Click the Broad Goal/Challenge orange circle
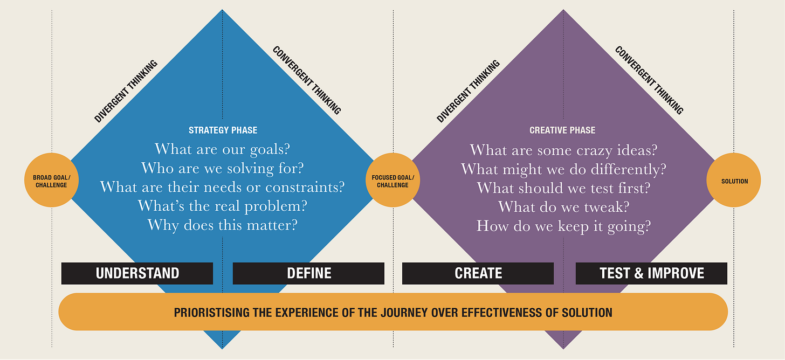52,180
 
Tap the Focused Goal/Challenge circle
392,180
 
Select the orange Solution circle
734,181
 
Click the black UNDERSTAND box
137,273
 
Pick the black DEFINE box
308,273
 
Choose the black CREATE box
478,273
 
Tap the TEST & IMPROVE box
651,273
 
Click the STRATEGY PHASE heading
223,130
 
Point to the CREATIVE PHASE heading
562,130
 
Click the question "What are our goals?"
223,149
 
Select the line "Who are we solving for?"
223,168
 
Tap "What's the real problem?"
223,206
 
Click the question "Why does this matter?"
223,225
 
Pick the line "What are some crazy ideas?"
563,150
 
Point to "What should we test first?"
563,188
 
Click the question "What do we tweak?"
563,206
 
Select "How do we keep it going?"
563,225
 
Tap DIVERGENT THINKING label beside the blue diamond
126,91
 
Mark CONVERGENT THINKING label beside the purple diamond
649,80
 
